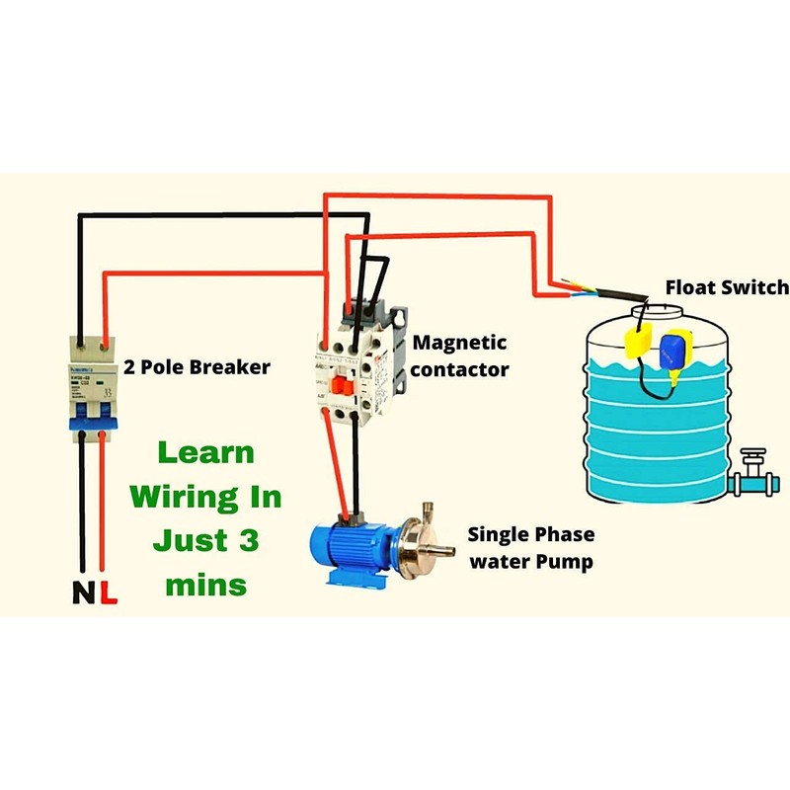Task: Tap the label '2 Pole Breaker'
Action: pos(197,367)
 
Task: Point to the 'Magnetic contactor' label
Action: pos(460,355)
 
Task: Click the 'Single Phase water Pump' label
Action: pos(530,548)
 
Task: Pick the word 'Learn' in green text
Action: pos(205,453)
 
